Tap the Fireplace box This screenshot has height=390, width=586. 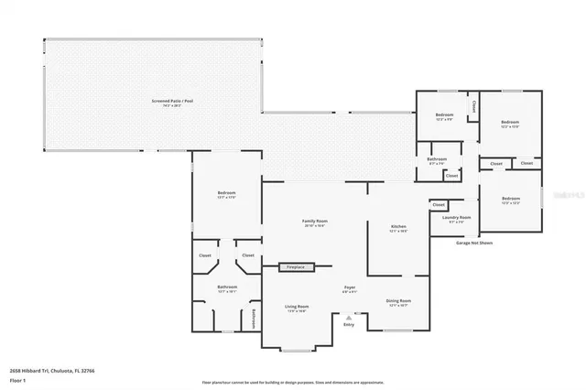(x=297, y=267)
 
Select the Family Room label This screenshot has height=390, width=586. (x=315, y=222)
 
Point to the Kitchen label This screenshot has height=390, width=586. (x=398, y=227)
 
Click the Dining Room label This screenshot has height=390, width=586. (x=398, y=301)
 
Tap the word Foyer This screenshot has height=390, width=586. (x=349, y=288)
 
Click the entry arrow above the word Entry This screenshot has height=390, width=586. (x=349, y=317)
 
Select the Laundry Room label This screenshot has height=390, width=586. (x=455, y=218)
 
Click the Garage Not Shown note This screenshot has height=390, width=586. (x=474, y=244)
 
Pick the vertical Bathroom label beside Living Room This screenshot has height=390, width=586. (x=254, y=318)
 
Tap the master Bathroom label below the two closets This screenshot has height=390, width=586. (x=227, y=287)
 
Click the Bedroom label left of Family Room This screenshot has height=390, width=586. (x=226, y=193)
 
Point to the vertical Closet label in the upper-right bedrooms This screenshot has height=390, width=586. (x=473, y=107)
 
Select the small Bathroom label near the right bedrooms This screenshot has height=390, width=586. (x=437, y=159)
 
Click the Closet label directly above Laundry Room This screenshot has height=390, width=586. (x=439, y=204)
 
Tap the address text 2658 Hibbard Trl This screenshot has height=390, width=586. (x=45, y=370)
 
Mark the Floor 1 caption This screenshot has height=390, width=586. (x=18, y=377)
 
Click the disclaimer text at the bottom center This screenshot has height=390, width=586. (x=292, y=382)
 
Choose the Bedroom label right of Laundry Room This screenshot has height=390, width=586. (x=510, y=199)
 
